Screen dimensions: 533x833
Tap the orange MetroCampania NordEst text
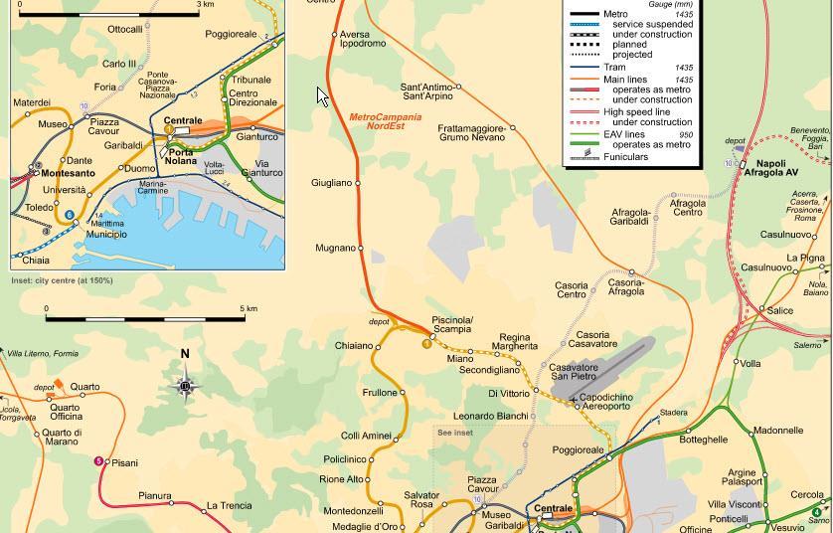(385, 121)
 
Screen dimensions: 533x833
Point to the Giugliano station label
(332, 183)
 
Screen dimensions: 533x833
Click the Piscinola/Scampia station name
(452, 324)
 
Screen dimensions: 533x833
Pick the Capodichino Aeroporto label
(606, 402)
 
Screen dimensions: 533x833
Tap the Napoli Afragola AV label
(777, 168)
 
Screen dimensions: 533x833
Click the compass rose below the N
(185, 387)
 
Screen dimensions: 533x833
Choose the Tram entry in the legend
(614, 68)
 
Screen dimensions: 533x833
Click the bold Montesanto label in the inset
(69, 173)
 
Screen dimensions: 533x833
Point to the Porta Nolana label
(181, 156)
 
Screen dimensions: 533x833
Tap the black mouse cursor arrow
(322, 95)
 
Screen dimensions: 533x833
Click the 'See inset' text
(455, 433)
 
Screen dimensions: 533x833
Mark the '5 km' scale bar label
(249, 308)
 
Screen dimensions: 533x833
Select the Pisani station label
(124, 462)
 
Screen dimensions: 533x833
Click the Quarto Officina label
(67, 412)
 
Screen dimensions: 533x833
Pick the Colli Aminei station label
(366, 436)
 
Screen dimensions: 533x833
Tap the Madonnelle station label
(777, 431)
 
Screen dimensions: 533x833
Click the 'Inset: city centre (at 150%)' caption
(62, 280)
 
